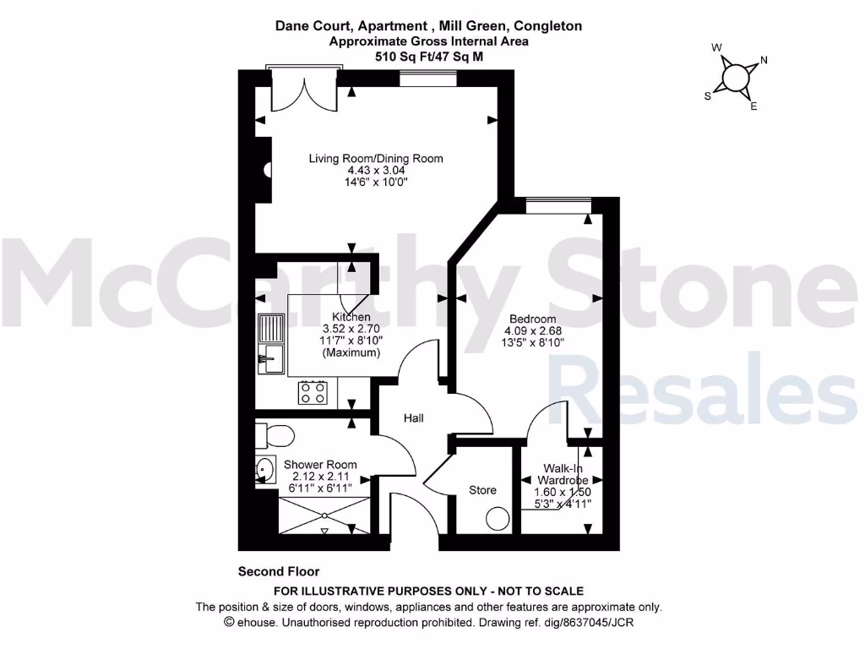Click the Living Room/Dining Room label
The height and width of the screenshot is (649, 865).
(375, 158)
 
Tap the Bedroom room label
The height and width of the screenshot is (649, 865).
(532, 318)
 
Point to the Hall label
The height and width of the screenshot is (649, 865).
(413, 418)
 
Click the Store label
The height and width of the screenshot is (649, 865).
(482, 490)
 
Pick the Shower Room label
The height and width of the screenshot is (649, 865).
(319, 464)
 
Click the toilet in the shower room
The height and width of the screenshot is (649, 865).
(275, 436)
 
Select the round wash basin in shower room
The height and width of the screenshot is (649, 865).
(265, 466)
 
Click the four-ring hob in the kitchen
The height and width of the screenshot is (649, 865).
(313, 392)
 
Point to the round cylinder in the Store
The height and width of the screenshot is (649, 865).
(498, 518)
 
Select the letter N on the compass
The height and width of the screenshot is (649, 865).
(764, 60)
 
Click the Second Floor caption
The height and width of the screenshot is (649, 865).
(279, 572)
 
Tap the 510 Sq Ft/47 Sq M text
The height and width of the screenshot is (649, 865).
(429, 56)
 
